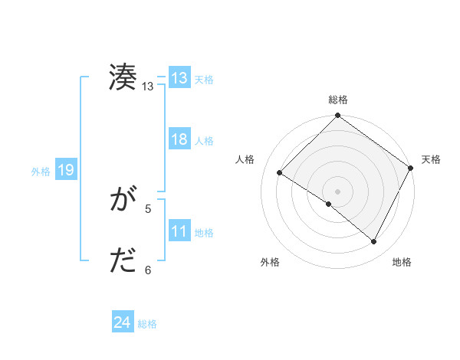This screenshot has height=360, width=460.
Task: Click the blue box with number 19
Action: click(x=66, y=170)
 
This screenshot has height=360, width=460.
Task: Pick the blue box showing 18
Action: click(x=179, y=139)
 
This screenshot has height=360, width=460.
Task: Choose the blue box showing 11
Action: click(x=179, y=231)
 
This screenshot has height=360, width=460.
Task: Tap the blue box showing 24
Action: click(x=123, y=323)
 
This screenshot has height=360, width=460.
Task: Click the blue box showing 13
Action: click(x=179, y=78)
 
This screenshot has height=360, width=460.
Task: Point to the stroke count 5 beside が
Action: click(x=148, y=208)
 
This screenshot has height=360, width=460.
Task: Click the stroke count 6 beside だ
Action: click(x=148, y=270)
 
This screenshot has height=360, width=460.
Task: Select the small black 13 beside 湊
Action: click(x=147, y=87)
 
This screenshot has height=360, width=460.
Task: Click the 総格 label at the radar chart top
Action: click(x=338, y=100)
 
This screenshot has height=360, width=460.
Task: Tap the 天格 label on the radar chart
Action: click(x=431, y=159)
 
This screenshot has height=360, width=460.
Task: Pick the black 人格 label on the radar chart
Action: click(x=245, y=159)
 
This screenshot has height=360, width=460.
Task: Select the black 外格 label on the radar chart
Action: click(x=270, y=262)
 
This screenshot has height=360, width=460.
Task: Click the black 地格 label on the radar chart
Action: click(x=402, y=262)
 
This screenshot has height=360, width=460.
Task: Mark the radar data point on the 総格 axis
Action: click(x=338, y=116)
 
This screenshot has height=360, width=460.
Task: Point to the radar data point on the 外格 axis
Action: click(x=329, y=205)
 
